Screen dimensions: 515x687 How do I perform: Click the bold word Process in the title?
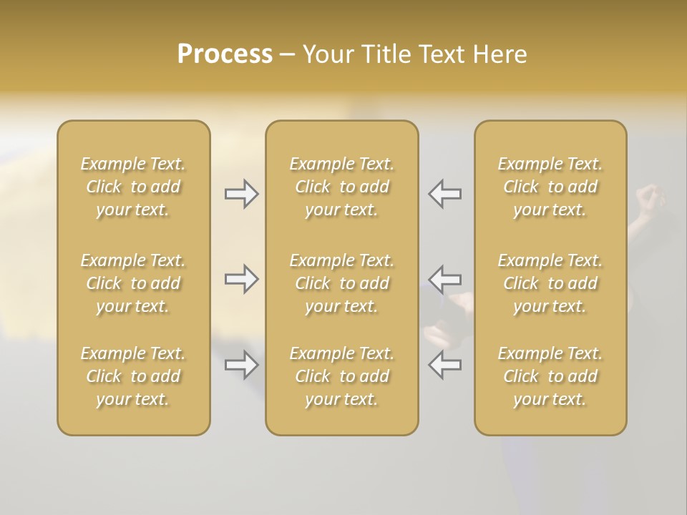tap(225, 54)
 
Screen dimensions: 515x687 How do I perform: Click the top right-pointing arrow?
tap(241, 194)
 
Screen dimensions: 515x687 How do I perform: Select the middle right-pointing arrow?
tap(241, 278)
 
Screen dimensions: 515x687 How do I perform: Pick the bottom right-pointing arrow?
tap(241, 365)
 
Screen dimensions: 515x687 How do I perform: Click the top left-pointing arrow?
tap(444, 194)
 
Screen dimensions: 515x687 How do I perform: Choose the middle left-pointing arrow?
tap(444, 278)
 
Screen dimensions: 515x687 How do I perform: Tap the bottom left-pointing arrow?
tap(444, 365)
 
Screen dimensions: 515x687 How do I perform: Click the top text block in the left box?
tap(133, 187)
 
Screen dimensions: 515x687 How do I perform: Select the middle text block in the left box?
tap(133, 283)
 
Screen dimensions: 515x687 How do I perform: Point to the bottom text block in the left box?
tap(133, 376)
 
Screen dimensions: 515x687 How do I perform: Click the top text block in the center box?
tap(342, 187)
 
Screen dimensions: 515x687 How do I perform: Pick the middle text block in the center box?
tap(342, 283)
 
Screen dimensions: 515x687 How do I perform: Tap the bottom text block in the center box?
tap(342, 376)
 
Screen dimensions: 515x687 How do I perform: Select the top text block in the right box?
tap(550, 187)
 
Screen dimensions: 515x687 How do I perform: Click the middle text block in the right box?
tap(550, 283)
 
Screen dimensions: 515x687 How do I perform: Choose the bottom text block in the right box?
tap(550, 376)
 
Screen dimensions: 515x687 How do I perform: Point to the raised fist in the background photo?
tap(649, 200)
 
